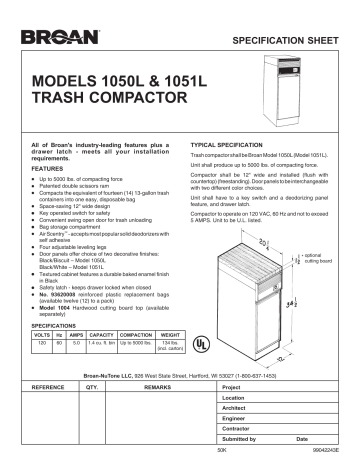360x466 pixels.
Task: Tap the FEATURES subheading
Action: point(46,170)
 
